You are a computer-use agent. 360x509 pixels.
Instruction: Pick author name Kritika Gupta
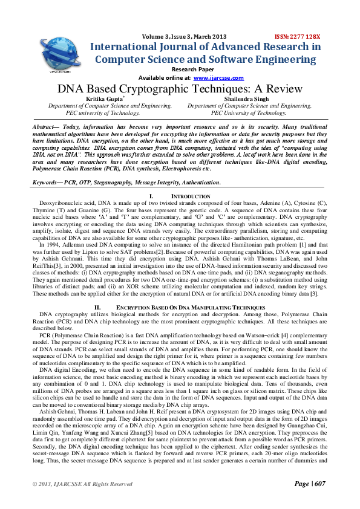coord(101,98)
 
